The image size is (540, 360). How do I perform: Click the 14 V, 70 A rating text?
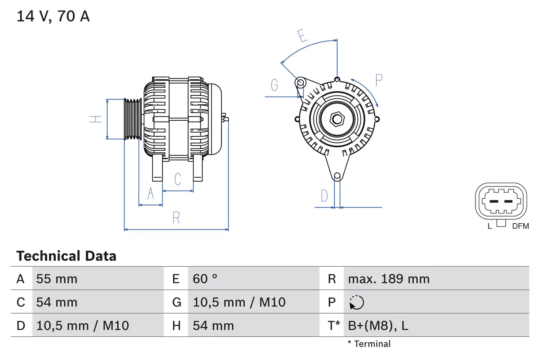53,16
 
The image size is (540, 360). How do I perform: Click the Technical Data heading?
66,256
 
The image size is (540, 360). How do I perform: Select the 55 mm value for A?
57,279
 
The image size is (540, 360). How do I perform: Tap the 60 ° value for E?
205,279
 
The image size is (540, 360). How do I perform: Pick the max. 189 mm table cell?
389,279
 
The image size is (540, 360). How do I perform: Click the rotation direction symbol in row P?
356,302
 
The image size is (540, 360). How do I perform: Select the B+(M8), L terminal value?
378,325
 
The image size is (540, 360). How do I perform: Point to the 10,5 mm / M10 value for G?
239,302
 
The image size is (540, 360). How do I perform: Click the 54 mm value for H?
213,325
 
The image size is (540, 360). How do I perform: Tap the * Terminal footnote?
369,344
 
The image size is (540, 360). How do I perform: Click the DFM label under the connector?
520,226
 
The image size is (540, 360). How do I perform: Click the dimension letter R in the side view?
176,218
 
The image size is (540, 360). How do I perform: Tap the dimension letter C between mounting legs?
178,179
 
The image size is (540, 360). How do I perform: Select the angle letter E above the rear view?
302,36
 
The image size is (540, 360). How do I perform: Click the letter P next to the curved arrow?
378,80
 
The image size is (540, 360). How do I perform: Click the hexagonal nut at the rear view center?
336,119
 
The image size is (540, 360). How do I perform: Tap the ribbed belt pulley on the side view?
132,119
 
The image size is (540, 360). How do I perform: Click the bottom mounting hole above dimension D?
337,176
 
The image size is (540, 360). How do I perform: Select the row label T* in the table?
334,325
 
